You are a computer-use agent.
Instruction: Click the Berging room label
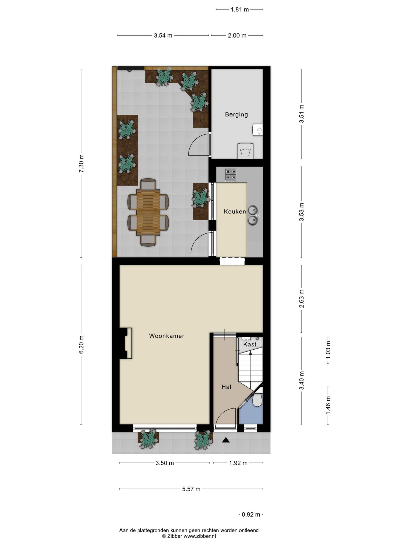[x=236, y=114]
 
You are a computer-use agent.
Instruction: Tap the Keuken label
[x=235, y=212]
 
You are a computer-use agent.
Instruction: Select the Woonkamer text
[x=167, y=336]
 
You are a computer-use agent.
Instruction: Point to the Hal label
[x=226, y=387]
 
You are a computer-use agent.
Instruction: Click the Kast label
[x=250, y=344]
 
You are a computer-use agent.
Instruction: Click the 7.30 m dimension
[x=81, y=163]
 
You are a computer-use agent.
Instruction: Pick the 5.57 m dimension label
[x=191, y=489]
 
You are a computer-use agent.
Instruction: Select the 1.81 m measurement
[x=240, y=10]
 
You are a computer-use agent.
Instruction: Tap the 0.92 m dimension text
[x=251, y=515]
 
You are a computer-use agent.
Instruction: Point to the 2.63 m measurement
[x=302, y=299]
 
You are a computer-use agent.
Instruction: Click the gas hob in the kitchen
[x=231, y=175]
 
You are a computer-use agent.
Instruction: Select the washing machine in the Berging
[x=245, y=151]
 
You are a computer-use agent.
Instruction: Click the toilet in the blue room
[x=257, y=400]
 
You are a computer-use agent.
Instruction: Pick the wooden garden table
[x=148, y=212]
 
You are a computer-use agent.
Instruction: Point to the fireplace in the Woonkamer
[x=126, y=343]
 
